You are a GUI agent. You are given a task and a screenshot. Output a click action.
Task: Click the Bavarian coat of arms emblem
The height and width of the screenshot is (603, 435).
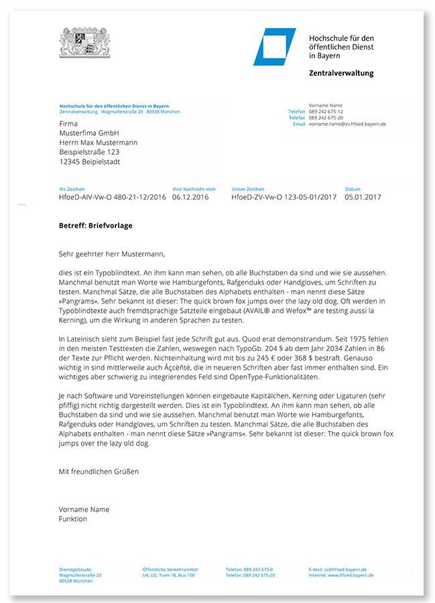(x=83, y=44)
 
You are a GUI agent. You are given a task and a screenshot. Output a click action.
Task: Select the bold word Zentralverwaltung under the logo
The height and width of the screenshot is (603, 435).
(x=341, y=73)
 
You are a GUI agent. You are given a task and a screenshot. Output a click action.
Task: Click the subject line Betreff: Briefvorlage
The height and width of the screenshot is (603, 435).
(x=95, y=226)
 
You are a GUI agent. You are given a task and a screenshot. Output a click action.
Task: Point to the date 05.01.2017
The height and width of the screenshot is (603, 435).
(x=363, y=198)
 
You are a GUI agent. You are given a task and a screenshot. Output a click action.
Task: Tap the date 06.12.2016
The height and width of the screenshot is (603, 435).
(x=190, y=198)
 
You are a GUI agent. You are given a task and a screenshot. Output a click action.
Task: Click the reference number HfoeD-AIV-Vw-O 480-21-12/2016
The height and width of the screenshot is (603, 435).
(x=113, y=198)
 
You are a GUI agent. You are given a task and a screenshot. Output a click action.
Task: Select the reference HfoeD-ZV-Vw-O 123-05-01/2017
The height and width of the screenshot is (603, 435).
(x=283, y=198)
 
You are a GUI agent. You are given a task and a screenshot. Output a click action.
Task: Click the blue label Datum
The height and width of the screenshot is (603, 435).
(x=353, y=190)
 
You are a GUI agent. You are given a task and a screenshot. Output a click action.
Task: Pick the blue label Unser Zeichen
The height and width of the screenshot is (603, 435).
(x=248, y=190)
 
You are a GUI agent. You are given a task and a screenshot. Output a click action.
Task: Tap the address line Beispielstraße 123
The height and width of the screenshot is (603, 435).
(x=88, y=152)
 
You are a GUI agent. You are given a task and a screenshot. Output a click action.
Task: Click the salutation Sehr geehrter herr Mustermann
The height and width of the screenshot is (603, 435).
(x=111, y=254)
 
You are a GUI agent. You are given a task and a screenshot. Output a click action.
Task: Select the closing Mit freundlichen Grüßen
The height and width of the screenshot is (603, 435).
(x=99, y=471)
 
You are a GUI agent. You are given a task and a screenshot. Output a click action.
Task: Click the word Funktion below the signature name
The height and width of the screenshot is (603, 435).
(x=72, y=519)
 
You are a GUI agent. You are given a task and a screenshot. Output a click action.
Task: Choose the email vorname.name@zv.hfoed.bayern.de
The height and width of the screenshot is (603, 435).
(x=347, y=124)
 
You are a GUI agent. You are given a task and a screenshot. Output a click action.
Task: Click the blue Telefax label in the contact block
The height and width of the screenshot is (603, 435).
(x=297, y=117)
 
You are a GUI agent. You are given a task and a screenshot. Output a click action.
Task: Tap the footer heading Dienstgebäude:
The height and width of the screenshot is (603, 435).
(x=75, y=569)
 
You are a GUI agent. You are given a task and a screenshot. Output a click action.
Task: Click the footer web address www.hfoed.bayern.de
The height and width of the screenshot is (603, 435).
(x=351, y=575)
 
